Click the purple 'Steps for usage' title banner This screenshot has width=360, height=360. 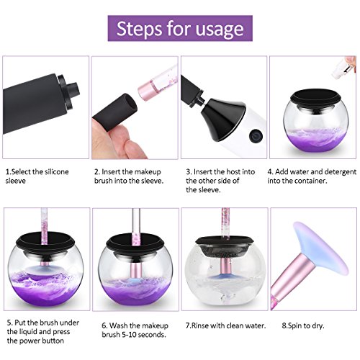pos(180,28)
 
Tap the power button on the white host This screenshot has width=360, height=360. pos(256,136)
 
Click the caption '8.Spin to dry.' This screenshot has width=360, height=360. pos(303,325)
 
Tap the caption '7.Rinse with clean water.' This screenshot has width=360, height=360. pos(225,325)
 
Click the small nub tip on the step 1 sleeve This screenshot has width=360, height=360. pos(73,89)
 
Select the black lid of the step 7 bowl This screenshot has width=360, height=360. pos(224,240)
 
